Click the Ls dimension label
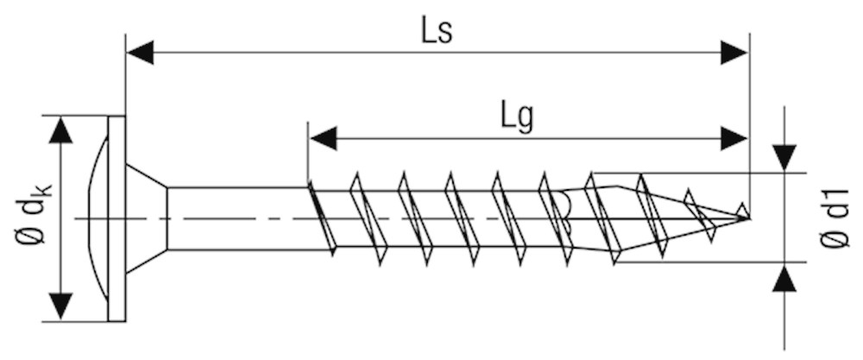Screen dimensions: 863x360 click(437, 32)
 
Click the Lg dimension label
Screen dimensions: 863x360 click(517, 118)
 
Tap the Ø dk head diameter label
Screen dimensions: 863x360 click(32, 215)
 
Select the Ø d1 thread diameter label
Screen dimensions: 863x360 click(834, 218)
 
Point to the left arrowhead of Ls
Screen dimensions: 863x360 click(140, 53)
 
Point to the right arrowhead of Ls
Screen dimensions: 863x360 click(734, 53)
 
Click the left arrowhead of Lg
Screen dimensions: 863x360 click(323, 138)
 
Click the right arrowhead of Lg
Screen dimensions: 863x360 click(734, 138)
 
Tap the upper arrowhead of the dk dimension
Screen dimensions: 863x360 click(60, 129)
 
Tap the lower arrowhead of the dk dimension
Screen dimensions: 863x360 click(60, 307)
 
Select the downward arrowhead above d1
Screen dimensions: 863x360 click(784, 158)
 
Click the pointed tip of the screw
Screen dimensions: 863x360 click(748, 218)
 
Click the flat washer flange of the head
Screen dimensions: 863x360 click(117, 218)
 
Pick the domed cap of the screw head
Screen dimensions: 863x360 click(98, 218)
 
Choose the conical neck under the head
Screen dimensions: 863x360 click(147, 218)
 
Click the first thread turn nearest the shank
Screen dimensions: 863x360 click(321, 218)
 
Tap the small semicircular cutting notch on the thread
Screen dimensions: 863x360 click(564, 207)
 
